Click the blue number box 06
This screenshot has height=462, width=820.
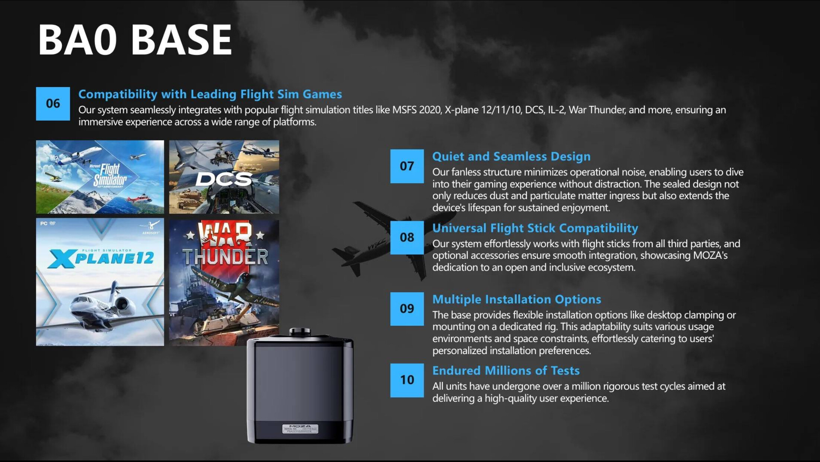click(x=53, y=103)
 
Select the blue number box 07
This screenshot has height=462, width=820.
click(x=407, y=166)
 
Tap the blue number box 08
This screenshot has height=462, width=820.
click(x=407, y=238)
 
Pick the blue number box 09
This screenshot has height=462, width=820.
click(x=407, y=309)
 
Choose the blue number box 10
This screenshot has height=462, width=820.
click(x=407, y=380)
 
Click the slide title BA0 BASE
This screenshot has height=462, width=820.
click(x=135, y=39)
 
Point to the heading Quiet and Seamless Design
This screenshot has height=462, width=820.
click(x=511, y=156)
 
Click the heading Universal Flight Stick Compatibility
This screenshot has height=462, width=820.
click(x=535, y=228)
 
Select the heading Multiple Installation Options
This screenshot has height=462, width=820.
click(x=517, y=299)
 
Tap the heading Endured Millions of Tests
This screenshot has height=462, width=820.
click(x=506, y=370)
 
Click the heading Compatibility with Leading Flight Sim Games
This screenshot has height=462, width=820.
click(x=210, y=94)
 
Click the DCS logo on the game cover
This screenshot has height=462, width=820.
click(x=224, y=179)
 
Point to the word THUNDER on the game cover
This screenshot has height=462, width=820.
click(x=225, y=257)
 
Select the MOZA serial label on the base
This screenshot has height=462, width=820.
click(x=300, y=429)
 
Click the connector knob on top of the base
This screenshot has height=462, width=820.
click(x=300, y=331)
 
